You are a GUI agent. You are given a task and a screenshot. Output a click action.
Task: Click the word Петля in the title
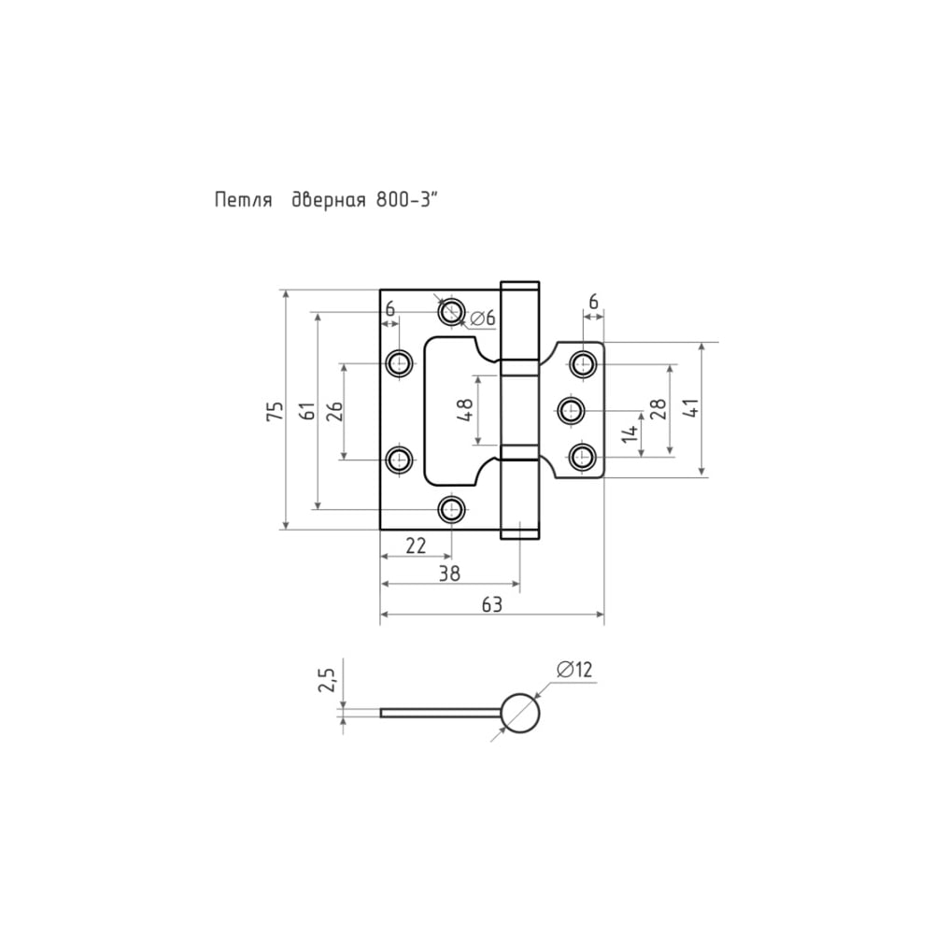[x=243, y=200]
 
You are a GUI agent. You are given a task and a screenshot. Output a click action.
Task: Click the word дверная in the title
[x=328, y=200]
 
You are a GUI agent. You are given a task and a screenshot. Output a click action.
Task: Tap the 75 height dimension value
[x=275, y=411]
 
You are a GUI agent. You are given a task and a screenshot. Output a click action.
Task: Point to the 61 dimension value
[x=307, y=411]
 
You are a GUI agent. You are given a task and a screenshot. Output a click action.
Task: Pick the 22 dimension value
[x=416, y=545]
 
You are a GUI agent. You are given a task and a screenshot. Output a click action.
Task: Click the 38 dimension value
[x=450, y=573]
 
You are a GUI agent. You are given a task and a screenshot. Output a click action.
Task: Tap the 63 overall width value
[x=492, y=604]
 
